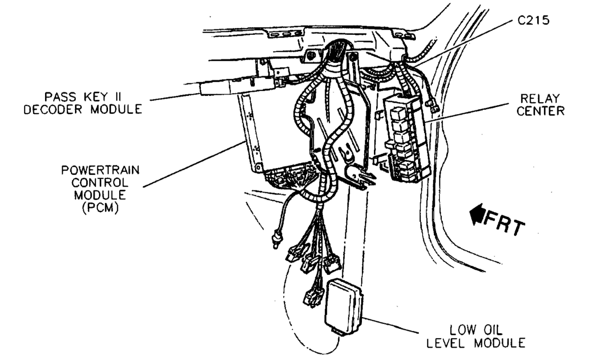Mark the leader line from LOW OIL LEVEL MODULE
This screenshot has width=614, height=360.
pyautogui.click(x=393, y=326)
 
